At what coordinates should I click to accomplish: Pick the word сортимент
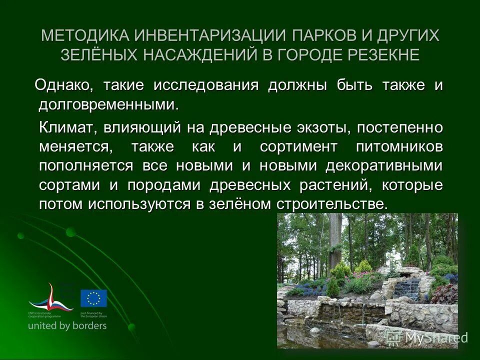tap(292, 147)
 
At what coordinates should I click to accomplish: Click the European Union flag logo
tap(93, 298)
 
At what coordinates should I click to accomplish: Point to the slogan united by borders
tap(67, 325)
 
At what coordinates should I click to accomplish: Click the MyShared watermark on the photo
tap(430, 337)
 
